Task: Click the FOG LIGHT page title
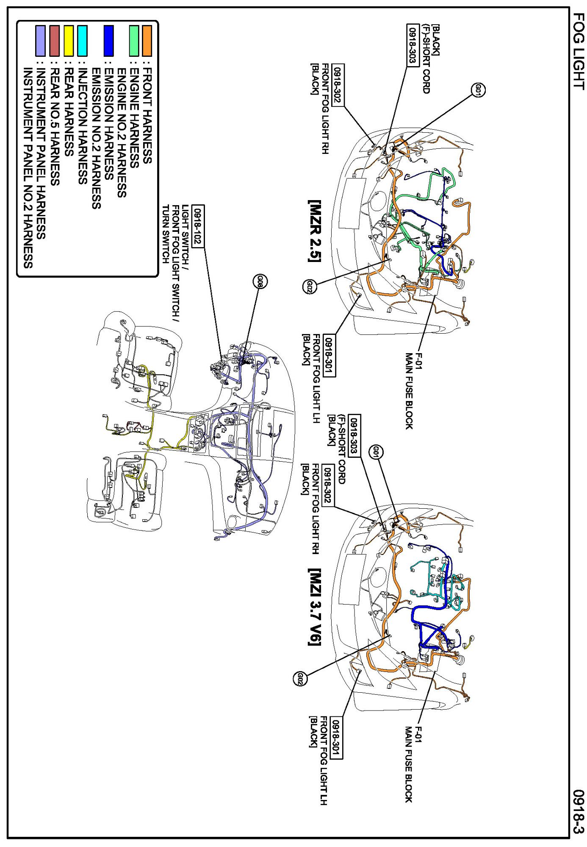[x=579, y=51]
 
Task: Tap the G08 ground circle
[x=260, y=281]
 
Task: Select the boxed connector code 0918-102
[x=198, y=226]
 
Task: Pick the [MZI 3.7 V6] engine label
[x=315, y=607]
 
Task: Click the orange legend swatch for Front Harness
[x=147, y=41]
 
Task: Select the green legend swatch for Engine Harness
[x=134, y=41]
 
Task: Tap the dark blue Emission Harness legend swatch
[x=109, y=41]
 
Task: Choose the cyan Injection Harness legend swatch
[x=83, y=41]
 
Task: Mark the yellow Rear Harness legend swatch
[x=69, y=41]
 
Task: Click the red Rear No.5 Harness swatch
[x=55, y=41]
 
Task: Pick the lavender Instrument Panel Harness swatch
[x=41, y=41]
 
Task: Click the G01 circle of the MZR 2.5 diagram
[x=478, y=90]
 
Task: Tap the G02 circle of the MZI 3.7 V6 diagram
[x=300, y=679]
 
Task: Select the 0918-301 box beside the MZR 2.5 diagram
[x=329, y=356]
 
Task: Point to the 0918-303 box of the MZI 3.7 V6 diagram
[x=354, y=435]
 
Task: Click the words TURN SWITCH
[x=166, y=234]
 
